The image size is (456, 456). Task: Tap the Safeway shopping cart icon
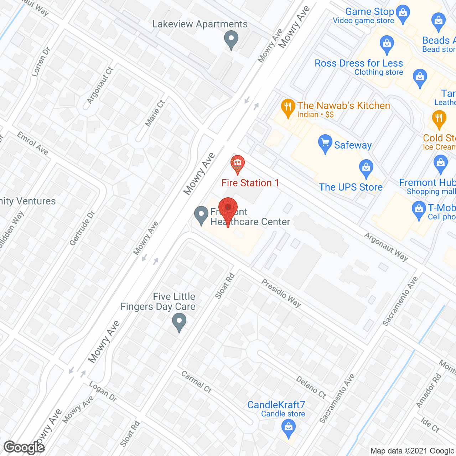pyautogui.click(x=325, y=144)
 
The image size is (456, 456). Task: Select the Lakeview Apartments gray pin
pyautogui.click(x=231, y=40)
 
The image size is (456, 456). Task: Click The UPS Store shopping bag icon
pyautogui.click(x=366, y=169)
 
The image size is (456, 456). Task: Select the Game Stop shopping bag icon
pyautogui.click(x=403, y=14)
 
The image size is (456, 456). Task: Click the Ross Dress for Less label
pyautogui.click(x=359, y=63)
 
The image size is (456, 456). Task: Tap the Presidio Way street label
pyautogui.click(x=281, y=293)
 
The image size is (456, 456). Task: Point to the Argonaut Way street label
pyautogui.click(x=386, y=247)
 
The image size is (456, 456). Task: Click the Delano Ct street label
pyautogui.click(x=311, y=387)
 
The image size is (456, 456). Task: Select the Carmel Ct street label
pyautogui.click(x=196, y=382)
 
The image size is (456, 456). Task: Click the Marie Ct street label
pyautogui.click(x=155, y=113)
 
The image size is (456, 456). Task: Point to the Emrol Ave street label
pyautogui.click(x=32, y=143)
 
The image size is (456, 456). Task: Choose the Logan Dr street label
pyautogui.click(x=103, y=392)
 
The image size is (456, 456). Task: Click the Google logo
pyautogui.click(x=24, y=447)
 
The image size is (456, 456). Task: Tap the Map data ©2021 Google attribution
pyautogui.click(x=413, y=451)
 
